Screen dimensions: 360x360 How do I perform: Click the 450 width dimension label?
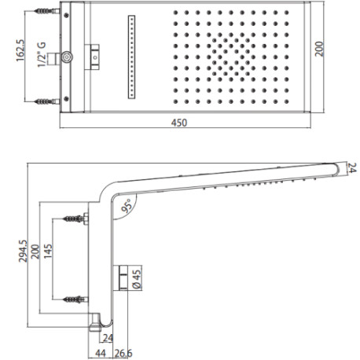click(x=179, y=123)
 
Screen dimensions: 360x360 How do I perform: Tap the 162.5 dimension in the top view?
click(x=20, y=50)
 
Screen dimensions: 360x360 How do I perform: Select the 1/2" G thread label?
click(x=42, y=54)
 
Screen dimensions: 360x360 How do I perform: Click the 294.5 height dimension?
click(x=23, y=251)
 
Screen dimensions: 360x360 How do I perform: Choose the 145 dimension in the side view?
click(x=48, y=252)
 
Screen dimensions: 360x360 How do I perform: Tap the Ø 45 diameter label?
click(x=137, y=279)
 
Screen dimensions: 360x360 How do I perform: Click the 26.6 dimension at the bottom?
click(x=123, y=354)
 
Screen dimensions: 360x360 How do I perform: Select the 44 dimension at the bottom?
click(x=101, y=354)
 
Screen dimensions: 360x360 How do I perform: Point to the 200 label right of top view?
click(x=319, y=49)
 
